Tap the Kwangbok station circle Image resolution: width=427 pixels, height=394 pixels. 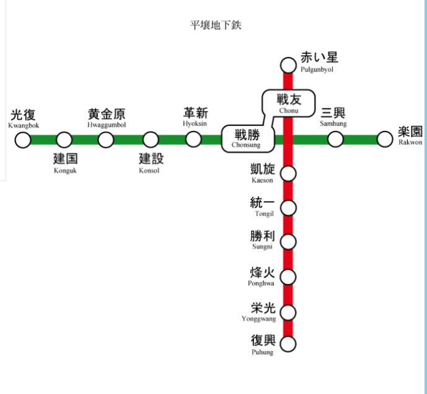pos(23,140)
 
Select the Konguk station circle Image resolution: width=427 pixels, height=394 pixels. pos(64,140)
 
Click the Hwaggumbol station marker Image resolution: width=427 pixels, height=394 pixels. pos(106,140)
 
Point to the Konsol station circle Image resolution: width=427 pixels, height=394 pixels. pos(151,140)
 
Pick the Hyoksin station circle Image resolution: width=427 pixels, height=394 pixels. pos(194,140)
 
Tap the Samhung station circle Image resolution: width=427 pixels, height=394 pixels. pos(335,140)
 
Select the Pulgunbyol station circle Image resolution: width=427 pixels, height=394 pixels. pos(288,65)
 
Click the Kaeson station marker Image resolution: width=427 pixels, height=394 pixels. pos(288,173)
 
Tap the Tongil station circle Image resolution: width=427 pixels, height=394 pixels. pos(288,207)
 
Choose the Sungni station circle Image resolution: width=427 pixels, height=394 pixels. pos(288,242)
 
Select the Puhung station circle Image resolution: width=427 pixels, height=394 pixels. pos(288,343)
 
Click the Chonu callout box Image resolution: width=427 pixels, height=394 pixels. pos(288,102)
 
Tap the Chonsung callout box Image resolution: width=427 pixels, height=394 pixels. pos(247,138)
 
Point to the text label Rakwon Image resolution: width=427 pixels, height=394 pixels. pos(410,142)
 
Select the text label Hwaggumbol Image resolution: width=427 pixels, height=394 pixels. pos(107,125)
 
